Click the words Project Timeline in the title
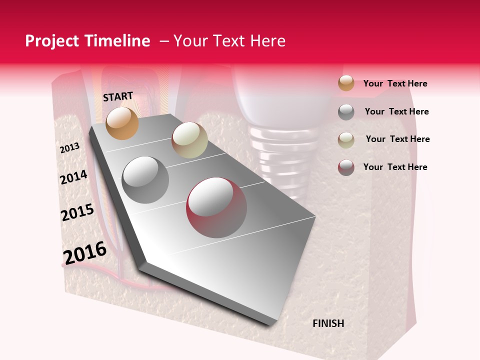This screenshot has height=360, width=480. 87,41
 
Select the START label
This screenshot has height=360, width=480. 118,96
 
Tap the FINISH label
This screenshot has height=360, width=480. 328,323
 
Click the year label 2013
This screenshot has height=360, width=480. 69,148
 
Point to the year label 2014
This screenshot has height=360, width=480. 73,177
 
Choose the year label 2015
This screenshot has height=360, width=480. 77,212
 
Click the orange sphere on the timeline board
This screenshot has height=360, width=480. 122,123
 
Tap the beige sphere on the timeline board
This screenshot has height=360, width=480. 189,140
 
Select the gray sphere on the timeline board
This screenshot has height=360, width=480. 145,179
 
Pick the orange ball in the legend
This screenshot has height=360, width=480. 346,83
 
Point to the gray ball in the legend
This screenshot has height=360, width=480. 346,112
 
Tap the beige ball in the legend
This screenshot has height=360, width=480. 346,139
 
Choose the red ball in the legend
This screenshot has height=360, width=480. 346,167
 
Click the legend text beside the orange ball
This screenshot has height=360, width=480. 395,83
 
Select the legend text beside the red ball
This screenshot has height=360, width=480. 395,167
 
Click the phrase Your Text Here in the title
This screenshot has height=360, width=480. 229,41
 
